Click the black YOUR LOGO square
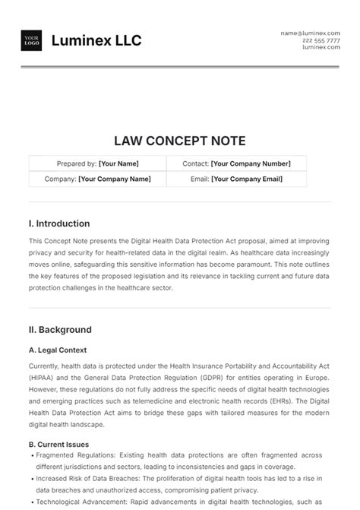pyautogui.click(x=31, y=40)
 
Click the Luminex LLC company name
pyautogui.click(x=96, y=40)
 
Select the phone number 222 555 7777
pyautogui.click(x=321, y=40)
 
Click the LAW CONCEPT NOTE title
pyautogui.click(x=179, y=141)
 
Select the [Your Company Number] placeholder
pyautogui.click(x=251, y=163)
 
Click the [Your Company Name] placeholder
pyautogui.click(x=115, y=179)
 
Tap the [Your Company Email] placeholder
pyautogui.click(x=248, y=179)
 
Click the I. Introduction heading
pyautogui.click(x=59, y=223)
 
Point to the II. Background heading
pyautogui.click(x=60, y=330)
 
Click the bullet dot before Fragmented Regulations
pyautogui.click(x=32, y=455)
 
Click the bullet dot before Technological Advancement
pyautogui.click(x=32, y=502)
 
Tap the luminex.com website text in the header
pyautogui.click(x=321, y=47)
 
